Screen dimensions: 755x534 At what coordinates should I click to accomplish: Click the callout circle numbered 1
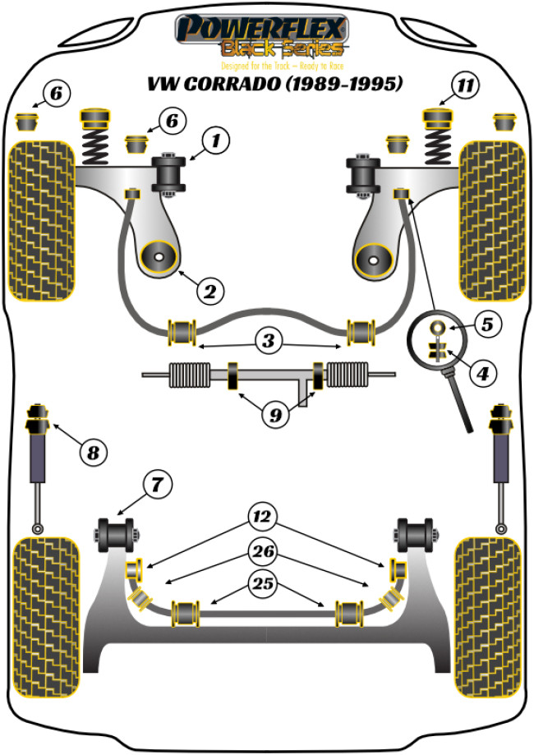point(215,141)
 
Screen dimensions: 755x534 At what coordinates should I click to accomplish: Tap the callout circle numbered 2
point(210,289)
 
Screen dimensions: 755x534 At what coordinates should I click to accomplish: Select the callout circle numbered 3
point(268,338)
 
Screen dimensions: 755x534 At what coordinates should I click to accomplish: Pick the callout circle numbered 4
point(482,374)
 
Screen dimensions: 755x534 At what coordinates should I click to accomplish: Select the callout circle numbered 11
point(466,85)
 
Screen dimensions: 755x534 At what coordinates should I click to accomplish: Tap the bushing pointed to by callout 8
point(37,420)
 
